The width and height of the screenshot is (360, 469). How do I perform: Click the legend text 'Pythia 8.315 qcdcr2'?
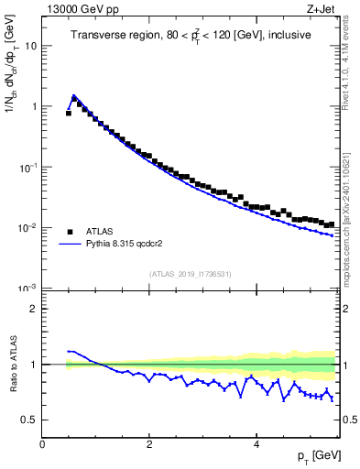[x=132, y=245]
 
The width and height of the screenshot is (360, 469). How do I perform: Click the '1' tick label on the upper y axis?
[x=34, y=106]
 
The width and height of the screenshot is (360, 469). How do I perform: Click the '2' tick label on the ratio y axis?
[x=34, y=309]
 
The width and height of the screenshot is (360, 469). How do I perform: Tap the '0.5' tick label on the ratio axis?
[x=29, y=420]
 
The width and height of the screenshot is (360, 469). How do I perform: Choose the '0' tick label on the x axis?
[x=42, y=444]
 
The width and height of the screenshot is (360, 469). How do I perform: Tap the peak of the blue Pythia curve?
[x=73, y=94]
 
